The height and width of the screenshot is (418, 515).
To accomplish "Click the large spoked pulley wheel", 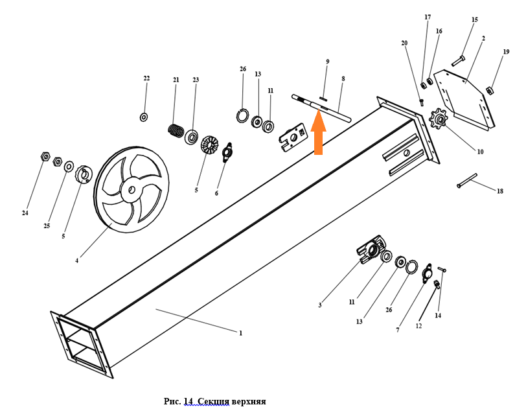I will pyautogui.click(x=131, y=190).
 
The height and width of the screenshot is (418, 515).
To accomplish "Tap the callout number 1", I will pyautogui.click(x=240, y=333).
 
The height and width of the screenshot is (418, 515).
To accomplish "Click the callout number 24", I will pyautogui.click(x=25, y=213).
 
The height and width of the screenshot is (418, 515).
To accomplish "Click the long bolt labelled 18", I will pyautogui.click(x=466, y=180).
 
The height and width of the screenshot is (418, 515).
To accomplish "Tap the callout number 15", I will pyautogui.click(x=474, y=20).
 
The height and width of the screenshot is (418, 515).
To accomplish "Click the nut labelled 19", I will pyautogui.click(x=490, y=89).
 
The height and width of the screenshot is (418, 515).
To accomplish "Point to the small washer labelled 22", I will pyautogui.click(x=144, y=117).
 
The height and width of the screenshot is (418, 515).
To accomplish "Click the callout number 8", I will pyautogui.click(x=343, y=78).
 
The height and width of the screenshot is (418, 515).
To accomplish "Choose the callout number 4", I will pyautogui.click(x=76, y=261).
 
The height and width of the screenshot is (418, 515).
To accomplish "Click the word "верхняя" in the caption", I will pyautogui.click(x=246, y=401).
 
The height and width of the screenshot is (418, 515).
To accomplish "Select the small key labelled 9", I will pyautogui.click(x=324, y=99).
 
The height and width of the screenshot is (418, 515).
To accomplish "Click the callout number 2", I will pyautogui.click(x=483, y=39).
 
